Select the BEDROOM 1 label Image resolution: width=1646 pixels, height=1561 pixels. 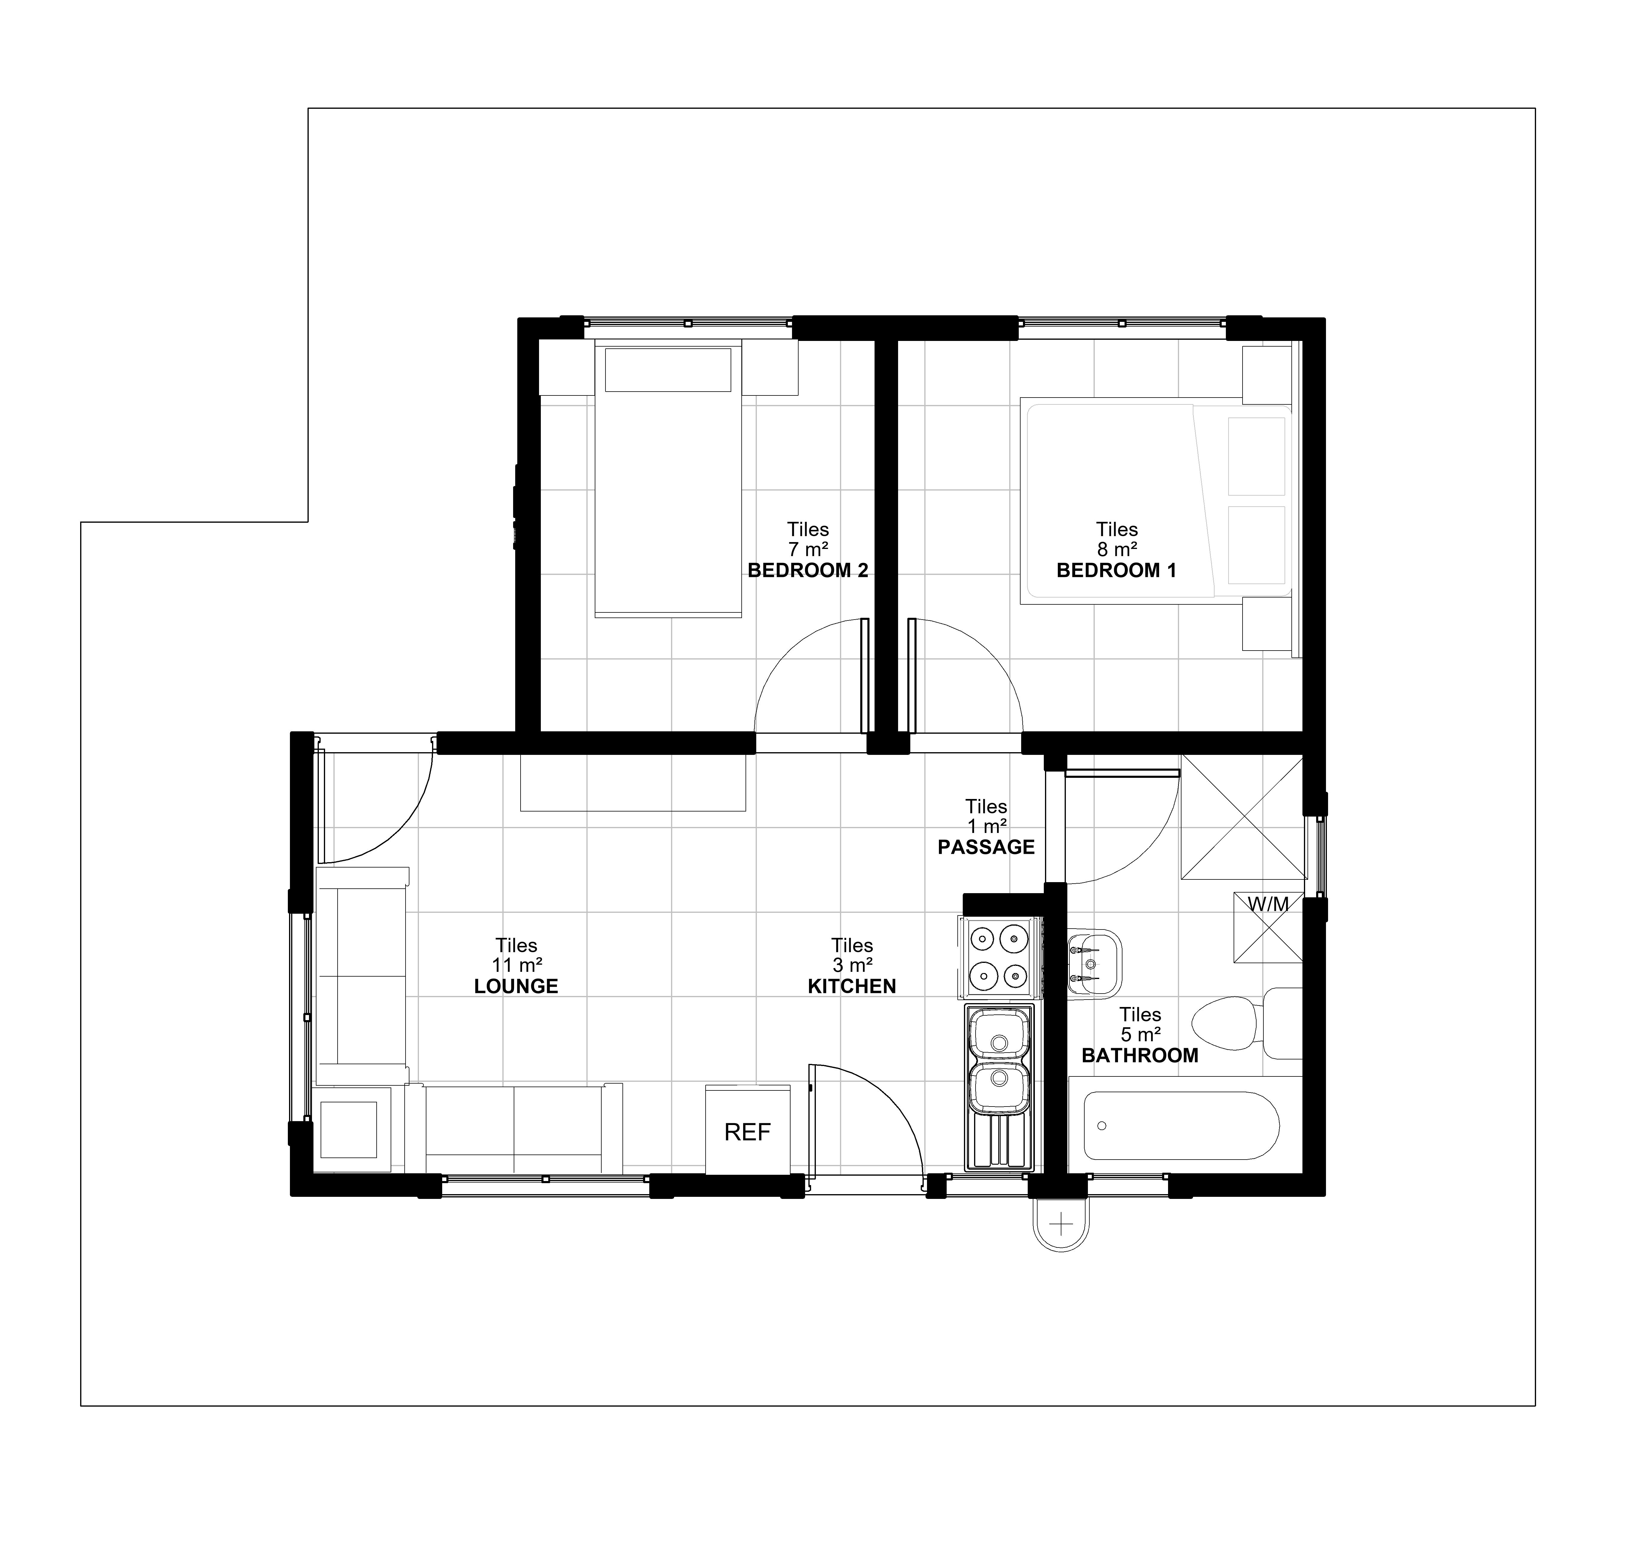(1116, 571)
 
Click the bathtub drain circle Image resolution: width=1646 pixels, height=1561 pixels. (1102, 1126)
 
